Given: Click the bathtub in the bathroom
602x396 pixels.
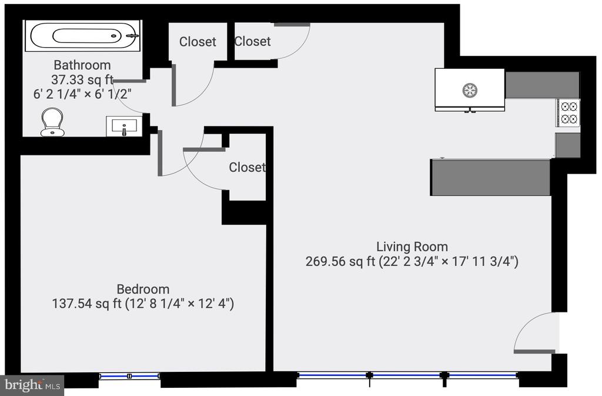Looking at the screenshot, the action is pos(83,36).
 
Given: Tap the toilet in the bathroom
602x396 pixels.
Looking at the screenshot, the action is pos(52,122).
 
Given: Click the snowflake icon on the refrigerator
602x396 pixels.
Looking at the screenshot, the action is pos(470,91).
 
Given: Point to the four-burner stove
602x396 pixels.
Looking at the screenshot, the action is pos(568,113).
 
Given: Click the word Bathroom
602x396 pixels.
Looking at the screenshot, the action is pos(82,65).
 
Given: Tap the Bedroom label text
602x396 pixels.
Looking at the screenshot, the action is pos(143,289).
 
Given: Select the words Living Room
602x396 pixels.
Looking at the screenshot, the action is pos(412,247).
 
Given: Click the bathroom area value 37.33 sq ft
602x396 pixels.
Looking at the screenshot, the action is pos(82,79).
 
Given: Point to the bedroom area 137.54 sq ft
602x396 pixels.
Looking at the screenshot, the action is pos(87,304).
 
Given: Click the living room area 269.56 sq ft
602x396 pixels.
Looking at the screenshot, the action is pos(340,262).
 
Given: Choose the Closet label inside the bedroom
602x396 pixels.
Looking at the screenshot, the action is pos(247,167).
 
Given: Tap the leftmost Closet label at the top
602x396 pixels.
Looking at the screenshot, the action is pos(198,41).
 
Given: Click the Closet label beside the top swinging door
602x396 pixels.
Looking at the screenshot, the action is pos(252,41).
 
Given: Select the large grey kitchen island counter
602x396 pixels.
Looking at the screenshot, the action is pos(491,178).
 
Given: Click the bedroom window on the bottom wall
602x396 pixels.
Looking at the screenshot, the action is pos(129,376).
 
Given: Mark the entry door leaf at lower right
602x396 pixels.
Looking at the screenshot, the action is pos(534,351).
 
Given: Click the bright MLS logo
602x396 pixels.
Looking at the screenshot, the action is pos(32,385).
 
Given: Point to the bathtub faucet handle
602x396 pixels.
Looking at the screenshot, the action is pos(132,36).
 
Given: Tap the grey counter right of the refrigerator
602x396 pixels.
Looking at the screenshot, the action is pos(542,85).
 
